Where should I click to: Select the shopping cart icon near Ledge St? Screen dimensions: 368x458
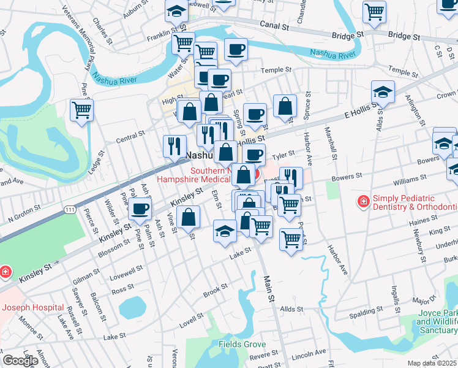pos(81,110)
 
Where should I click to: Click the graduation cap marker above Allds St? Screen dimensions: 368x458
pos(383,92)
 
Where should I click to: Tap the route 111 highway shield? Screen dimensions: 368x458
pos(71,210)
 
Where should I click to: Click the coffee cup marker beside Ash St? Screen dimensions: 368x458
pos(140,209)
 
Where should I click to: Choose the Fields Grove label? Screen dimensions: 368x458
pos(243,344)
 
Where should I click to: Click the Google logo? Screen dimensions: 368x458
pos(20,361)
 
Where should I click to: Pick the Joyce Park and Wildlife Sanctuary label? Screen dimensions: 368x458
pos(437,321)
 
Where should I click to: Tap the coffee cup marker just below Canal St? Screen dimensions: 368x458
pos(236,50)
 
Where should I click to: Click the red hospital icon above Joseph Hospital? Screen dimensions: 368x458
pos(4,270)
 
